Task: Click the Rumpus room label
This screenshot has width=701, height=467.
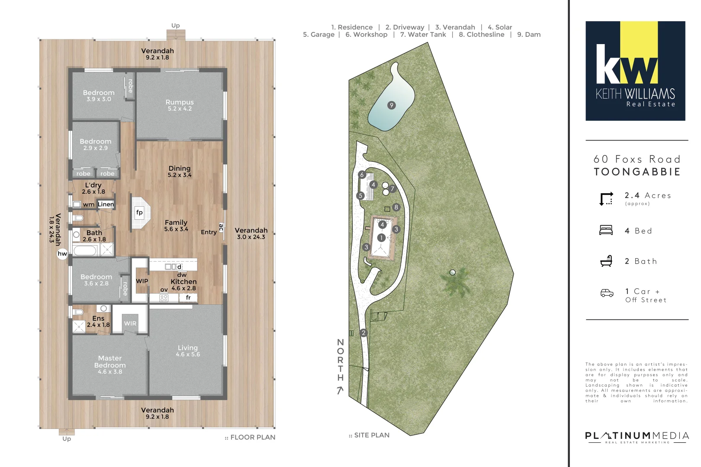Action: [180, 102]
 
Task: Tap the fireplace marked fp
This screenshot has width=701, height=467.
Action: [139, 212]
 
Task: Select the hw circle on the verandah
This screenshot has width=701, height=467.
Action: [62, 254]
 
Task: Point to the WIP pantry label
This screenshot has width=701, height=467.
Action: [142, 281]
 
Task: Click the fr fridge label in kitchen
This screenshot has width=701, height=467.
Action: [188, 297]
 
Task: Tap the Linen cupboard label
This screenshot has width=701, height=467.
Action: [106, 204]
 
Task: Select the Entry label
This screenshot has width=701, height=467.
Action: [209, 232]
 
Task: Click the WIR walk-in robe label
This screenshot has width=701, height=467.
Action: [130, 323]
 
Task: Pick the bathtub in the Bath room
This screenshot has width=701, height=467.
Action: [85, 250]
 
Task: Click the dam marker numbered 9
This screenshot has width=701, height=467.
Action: [392, 105]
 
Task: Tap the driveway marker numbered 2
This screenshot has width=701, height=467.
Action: [363, 333]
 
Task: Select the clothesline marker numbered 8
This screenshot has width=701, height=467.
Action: [396, 207]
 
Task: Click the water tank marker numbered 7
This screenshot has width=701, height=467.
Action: [392, 189]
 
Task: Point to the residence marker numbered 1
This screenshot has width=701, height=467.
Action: [381, 237]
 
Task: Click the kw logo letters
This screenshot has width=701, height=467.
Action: [627, 65]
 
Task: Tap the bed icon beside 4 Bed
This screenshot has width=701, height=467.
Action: [606, 230]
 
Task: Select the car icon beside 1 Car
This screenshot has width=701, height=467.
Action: [607, 293]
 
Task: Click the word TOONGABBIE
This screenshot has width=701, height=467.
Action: [637, 172]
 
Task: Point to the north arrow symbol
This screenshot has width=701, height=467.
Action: [340, 390]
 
